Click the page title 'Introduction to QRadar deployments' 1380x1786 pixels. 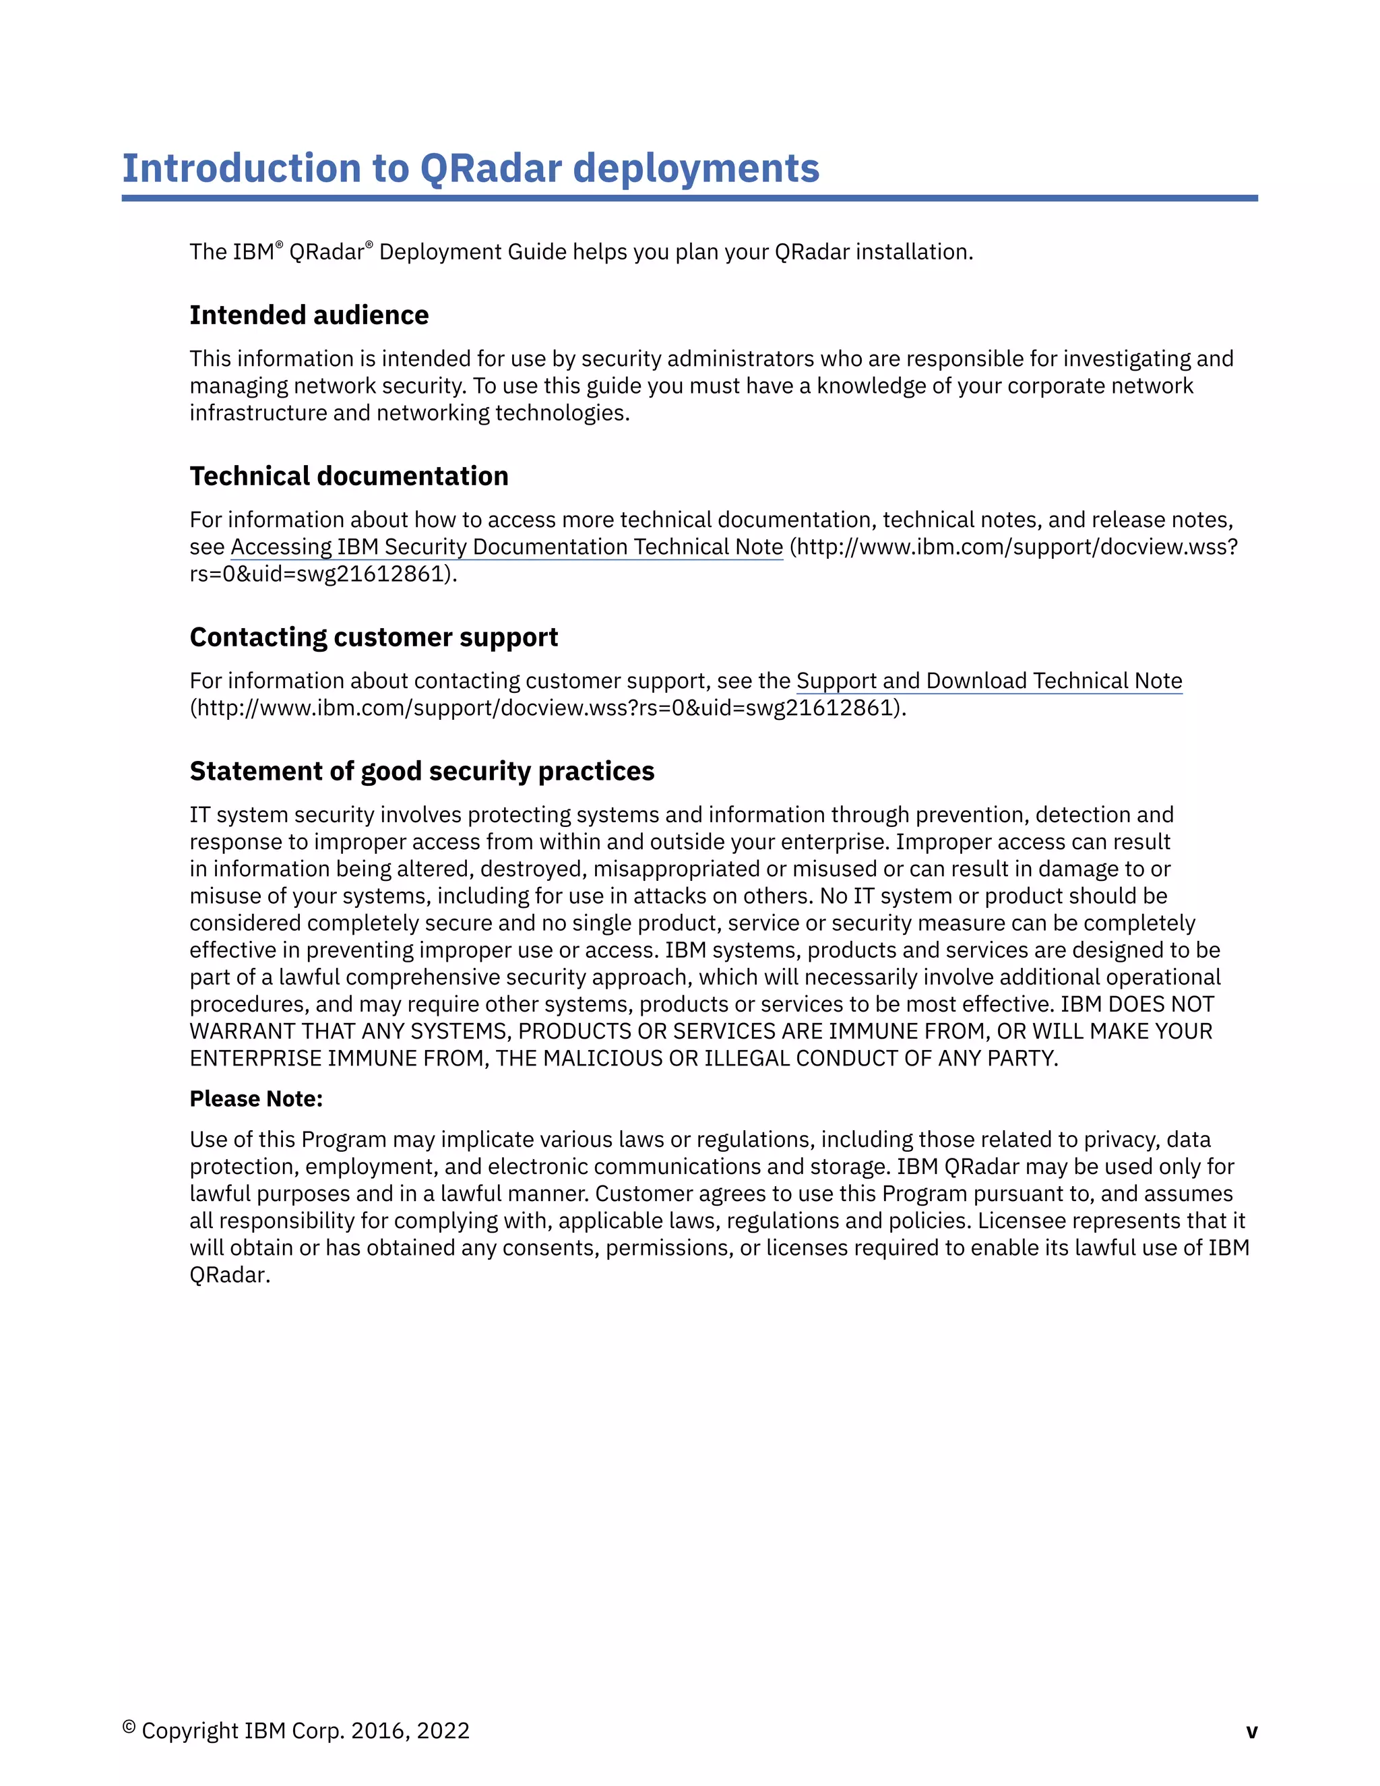pyautogui.click(x=470, y=168)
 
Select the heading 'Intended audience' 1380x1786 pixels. pyautogui.click(x=309, y=315)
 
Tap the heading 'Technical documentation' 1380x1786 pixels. pyautogui.click(x=349, y=476)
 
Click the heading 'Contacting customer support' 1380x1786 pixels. pyautogui.click(x=373, y=637)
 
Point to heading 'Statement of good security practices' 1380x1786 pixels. pyautogui.click(x=422, y=771)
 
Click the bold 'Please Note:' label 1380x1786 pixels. pyautogui.click(x=256, y=1099)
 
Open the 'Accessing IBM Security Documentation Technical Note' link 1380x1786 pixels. pyautogui.click(x=507, y=547)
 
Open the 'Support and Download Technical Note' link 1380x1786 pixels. pyautogui.click(x=989, y=681)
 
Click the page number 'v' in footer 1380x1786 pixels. pyautogui.click(x=1251, y=1731)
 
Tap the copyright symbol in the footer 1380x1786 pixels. pyautogui.click(x=128, y=1727)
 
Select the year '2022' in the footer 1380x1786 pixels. pyautogui.click(x=443, y=1731)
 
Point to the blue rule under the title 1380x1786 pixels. pyautogui.click(x=689, y=198)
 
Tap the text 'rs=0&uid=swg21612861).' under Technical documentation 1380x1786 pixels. pyautogui.click(x=323, y=574)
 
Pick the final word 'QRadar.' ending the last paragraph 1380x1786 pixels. pyautogui.click(x=230, y=1275)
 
